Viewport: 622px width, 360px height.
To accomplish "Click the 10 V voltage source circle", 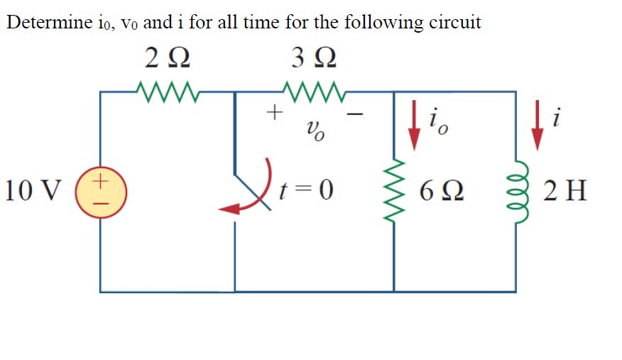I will pyautogui.click(x=100, y=190).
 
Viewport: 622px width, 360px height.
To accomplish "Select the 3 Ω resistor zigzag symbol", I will pyautogui.click(x=313, y=91).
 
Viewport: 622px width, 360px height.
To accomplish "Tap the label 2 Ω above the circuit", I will pyautogui.click(x=166, y=58).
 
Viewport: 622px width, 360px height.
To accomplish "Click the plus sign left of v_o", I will pyautogui.click(x=273, y=111).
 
